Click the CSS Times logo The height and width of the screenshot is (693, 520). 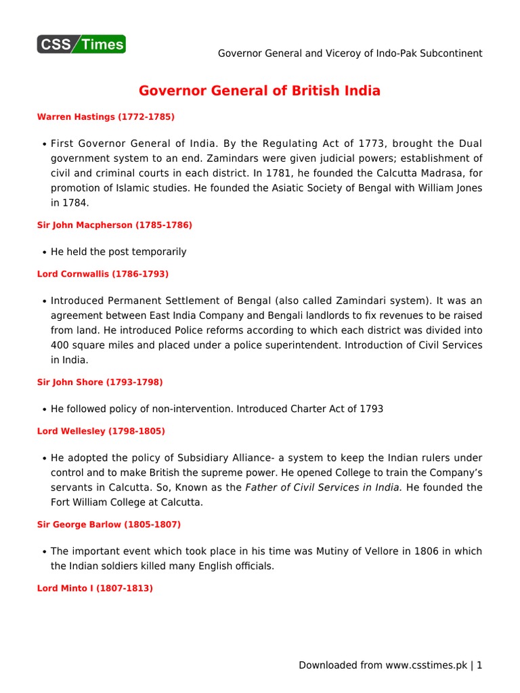click(81, 45)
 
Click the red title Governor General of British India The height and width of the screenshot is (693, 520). click(259, 91)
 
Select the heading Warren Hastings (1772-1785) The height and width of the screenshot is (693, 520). click(106, 117)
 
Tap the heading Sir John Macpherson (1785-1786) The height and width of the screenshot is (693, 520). click(114, 225)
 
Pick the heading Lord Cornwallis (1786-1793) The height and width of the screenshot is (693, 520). click(102, 274)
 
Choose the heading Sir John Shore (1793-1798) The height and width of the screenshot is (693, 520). click(100, 382)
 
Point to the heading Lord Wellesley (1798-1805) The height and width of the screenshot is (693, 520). click(101, 431)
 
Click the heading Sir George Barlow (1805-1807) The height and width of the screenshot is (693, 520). click(108, 524)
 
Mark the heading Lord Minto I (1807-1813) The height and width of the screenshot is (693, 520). click(95, 589)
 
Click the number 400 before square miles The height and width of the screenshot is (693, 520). click(60, 345)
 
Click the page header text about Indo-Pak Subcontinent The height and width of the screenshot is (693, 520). click(350, 53)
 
